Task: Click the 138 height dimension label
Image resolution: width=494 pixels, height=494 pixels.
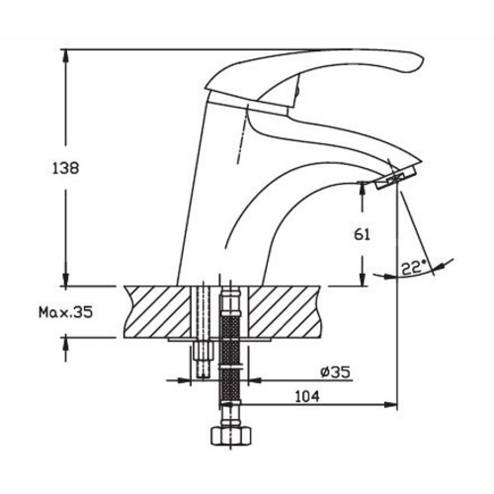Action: click(x=66, y=168)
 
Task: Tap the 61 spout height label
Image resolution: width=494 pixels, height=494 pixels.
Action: click(x=362, y=234)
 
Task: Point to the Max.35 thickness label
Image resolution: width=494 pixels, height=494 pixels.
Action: click(x=66, y=312)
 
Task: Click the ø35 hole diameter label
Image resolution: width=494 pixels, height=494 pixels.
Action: click(x=335, y=372)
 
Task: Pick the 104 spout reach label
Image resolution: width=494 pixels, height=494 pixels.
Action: click(x=307, y=396)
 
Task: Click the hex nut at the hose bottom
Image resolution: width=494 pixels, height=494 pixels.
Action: click(x=231, y=436)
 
